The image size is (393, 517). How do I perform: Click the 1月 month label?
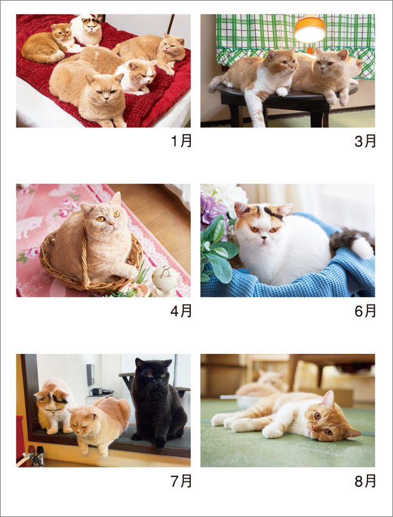click(x=181, y=141)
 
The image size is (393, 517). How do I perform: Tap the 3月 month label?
click(x=365, y=141)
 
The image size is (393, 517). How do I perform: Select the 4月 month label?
click(x=181, y=311)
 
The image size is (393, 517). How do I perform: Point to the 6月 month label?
click(x=365, y=311)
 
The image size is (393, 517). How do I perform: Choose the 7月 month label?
click(x=181, y=481)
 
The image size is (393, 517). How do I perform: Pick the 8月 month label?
click(x=365, y=481)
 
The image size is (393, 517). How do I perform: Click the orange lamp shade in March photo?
click(x=310, y=29)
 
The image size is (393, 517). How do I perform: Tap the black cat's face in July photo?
click(x=155, y=374)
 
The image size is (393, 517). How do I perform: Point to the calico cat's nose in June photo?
click(x=262, y=238)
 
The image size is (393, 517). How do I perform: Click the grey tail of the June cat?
click(x=343, y=240)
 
